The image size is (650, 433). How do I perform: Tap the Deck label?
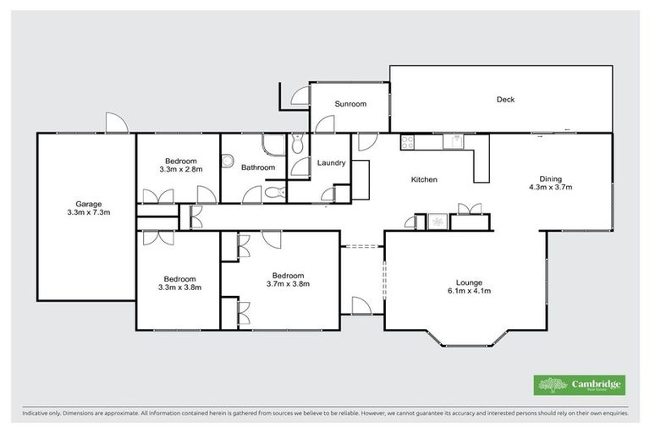(x=505, y=100)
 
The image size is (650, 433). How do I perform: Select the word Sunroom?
(x=350, y=104)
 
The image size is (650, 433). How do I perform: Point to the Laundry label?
(x=330, y=162)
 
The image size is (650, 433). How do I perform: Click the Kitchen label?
(x=423, y=179)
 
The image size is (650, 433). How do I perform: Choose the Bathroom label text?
(x=258, y=167)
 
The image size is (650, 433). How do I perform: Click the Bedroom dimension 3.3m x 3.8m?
(x=180, y=288)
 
